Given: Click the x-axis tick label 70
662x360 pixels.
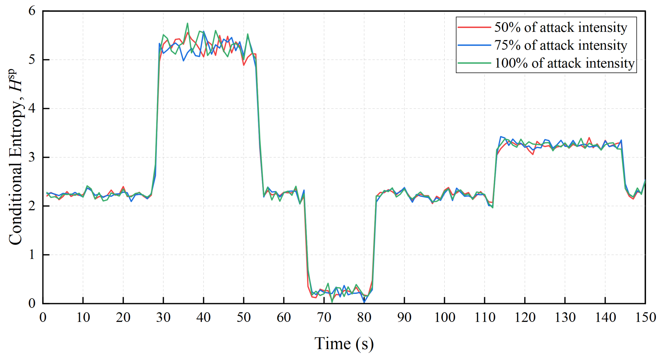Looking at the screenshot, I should (324, 318).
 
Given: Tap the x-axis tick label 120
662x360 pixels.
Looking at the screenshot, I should (525, 318).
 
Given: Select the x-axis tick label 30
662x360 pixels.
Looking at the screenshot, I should (163, 318).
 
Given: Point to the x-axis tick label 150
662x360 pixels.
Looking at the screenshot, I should (645, 318).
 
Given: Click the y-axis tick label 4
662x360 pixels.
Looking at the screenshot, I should (32, 108).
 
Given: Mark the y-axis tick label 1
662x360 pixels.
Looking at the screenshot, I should (32, 254).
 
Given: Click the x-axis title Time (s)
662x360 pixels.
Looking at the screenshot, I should (344, 344).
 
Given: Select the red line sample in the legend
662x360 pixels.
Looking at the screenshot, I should (474, 27).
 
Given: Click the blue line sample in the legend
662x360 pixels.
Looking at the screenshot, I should (474, 45).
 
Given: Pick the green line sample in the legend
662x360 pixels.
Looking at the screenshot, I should (474, 63).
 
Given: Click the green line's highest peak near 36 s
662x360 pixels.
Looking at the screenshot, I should (187, 23).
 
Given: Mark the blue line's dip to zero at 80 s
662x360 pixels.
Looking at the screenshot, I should (364, 302).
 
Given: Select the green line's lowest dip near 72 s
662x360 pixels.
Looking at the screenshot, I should (332, 302).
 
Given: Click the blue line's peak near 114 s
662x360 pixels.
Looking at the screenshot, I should (501, 137).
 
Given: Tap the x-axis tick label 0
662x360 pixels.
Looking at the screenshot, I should (43, 318).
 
